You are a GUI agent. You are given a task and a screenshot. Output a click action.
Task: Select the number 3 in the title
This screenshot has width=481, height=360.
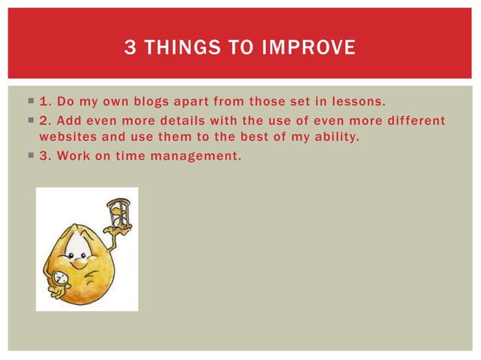[x=130, y=49]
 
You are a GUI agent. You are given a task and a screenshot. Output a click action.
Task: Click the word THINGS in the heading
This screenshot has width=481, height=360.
[x=180, y=49]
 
